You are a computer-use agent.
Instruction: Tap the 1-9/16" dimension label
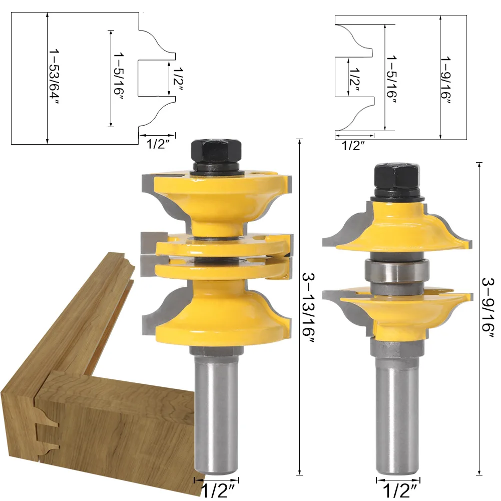click(x=445, y=80)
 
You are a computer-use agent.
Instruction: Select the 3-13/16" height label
click(x=309, y=308)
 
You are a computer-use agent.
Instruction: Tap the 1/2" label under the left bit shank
click(x=218, y=491)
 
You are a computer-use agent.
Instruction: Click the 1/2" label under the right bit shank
click(x=399, y=491)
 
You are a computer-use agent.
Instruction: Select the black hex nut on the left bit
click(x=216, y=152)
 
